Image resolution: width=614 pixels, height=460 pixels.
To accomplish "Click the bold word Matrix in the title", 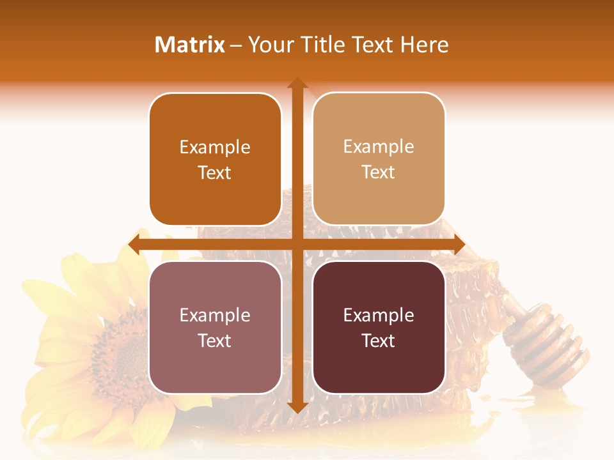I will pyautogui.click(x=190, y=45).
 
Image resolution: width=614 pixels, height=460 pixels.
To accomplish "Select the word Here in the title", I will pyautogui.click(x=425, y=45).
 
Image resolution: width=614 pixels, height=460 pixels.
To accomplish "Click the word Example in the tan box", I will pyautogui.click(x=379, y=147).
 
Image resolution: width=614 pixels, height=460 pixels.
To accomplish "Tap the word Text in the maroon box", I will pyautogui.click(x=379, y=341).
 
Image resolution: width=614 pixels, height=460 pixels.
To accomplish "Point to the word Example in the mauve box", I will pyautogui.click(x=215, y=316).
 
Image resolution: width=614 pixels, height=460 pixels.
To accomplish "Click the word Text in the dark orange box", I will pyautogui.click(x=215, y=173).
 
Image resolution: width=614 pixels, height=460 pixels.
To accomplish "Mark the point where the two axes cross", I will pyautogui.click(x=297, y=244).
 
